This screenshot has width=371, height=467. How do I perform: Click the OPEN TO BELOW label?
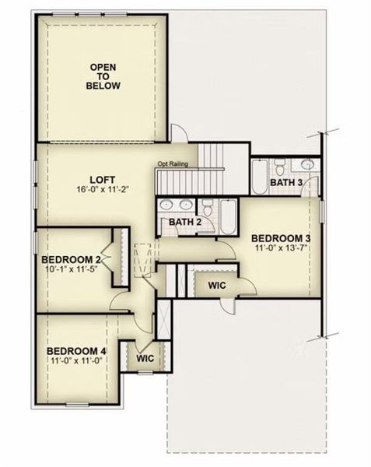coord(103,76)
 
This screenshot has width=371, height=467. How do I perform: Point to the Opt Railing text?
coord(176,163)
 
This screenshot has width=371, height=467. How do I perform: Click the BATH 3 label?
coord(285,182)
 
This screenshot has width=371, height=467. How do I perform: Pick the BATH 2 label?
coord(186,223)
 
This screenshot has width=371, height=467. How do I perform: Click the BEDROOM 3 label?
coord(281,238)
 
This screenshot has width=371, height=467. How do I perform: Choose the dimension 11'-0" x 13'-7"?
coord(281,249)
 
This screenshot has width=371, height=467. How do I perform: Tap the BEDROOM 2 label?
coord(72,259)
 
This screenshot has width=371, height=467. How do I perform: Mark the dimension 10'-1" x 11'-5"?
coord(72,269)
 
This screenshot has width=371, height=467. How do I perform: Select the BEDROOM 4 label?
coord(76,350)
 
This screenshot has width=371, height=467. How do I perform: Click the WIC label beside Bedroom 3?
coord(217,286)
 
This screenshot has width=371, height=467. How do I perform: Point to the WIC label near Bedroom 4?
coord(145,359)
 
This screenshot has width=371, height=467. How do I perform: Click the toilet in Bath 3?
coord(279,166)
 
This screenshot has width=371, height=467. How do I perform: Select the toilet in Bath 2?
coord(208,206)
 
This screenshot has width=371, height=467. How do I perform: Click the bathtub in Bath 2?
coord(228,216)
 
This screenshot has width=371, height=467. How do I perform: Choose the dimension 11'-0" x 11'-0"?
coord(76,361)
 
